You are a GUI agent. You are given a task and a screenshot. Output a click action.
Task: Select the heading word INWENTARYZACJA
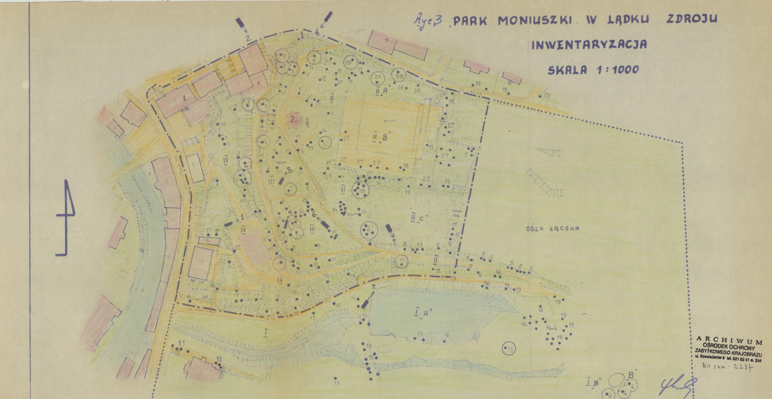(588, 44)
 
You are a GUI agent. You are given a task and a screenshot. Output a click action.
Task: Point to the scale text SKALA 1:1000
(592, 70)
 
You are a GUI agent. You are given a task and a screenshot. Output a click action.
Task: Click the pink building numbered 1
(175, 101)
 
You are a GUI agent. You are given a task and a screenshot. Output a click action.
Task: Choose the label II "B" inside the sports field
(384, 137)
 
